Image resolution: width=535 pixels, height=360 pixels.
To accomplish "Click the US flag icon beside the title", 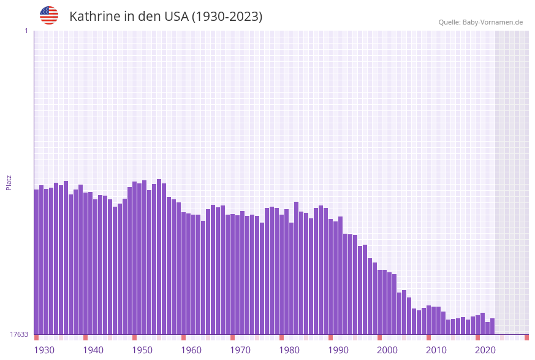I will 49,15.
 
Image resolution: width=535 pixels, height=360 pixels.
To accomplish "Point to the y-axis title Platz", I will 9,182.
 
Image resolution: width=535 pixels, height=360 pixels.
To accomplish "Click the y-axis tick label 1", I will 26,31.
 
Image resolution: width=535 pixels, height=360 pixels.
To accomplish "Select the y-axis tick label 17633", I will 19,334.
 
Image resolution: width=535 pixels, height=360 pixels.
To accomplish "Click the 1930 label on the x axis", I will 44,350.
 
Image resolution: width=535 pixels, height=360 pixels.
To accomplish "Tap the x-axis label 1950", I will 142,350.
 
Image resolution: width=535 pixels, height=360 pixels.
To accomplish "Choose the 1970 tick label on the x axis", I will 240,350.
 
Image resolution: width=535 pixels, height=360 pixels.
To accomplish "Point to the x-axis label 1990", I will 338,350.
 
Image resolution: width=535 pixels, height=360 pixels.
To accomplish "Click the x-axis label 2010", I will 436,350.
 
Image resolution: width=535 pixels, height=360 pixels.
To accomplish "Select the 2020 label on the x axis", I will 485,350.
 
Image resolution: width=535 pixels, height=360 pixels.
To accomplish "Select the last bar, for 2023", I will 492,326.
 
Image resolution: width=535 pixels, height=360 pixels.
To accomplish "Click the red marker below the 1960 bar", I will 183,337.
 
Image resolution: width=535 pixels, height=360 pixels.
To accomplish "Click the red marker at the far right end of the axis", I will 526,337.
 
